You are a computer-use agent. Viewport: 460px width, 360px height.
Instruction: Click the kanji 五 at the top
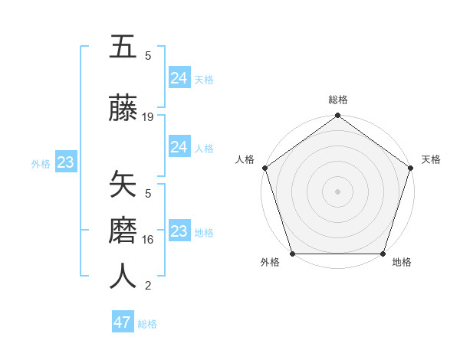123,47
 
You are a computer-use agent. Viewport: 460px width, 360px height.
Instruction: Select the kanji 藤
123,109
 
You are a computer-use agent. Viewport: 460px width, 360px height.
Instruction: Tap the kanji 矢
123,185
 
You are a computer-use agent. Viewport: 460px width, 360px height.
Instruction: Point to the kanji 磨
123,231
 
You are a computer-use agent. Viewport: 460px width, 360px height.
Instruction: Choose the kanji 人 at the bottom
123,277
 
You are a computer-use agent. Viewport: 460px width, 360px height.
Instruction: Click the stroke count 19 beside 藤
148,117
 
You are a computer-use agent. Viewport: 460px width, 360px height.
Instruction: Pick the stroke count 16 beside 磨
148,240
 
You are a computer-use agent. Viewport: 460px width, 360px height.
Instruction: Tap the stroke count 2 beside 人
148,286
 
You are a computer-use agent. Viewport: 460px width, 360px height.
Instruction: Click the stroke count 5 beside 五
148,55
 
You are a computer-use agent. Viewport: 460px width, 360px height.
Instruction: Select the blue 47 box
123,322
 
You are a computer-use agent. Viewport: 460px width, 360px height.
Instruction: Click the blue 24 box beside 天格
179,78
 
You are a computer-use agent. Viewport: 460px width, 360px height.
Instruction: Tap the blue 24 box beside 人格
179,147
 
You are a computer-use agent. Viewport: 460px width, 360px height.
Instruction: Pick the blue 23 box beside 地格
179,231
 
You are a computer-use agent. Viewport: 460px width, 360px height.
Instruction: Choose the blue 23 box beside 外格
65,162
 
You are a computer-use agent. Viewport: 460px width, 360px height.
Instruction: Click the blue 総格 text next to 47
147,324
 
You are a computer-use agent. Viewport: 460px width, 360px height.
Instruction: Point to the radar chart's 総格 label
338,100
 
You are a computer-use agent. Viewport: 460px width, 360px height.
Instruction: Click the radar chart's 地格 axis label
402,262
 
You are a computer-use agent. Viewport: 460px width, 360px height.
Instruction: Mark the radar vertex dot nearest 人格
265,168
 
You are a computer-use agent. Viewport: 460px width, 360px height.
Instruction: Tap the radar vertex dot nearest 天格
410,168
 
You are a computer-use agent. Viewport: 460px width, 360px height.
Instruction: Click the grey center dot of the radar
338,191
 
